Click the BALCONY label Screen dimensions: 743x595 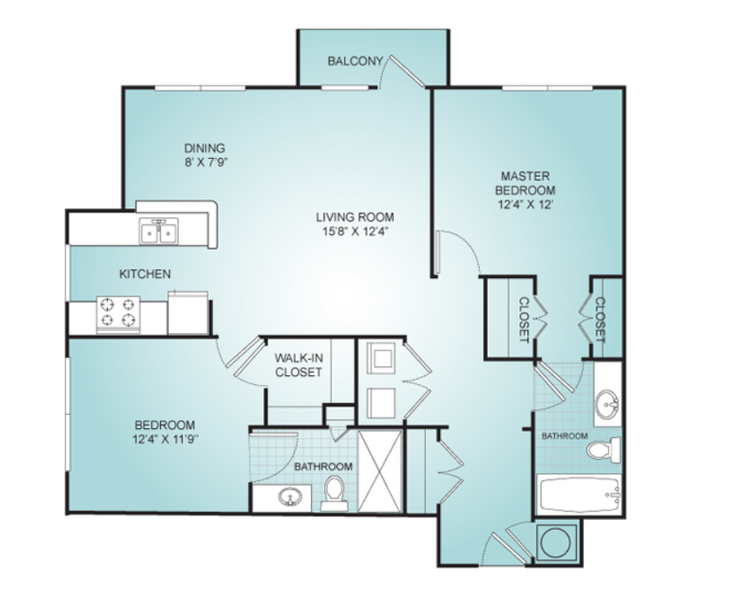click(355, 61)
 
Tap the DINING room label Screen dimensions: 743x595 click(204, 148)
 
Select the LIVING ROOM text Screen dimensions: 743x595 click(355, 217)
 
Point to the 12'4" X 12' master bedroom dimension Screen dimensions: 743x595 click(525, 205)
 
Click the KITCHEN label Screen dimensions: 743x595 click(145, 274)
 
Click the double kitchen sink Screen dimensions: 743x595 click(159, 231)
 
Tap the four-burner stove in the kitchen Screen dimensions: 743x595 click(118, 314)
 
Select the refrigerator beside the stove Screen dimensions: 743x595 click(187, 313)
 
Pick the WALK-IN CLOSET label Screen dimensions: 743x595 click(299, 365)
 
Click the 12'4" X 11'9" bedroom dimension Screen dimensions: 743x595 click(165, 440)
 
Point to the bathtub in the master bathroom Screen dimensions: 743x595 click(578, 494)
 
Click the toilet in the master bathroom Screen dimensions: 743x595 click(603, 449)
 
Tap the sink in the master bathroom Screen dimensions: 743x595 click(607, 404)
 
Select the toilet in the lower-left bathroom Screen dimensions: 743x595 click(334, 493)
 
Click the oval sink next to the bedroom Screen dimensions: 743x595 click(290, 498)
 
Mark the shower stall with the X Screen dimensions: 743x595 click(380, 471)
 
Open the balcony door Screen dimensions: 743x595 click(406, 71)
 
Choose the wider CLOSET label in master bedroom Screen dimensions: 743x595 click(524, 320)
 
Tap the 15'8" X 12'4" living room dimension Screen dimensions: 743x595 click(355, 231)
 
